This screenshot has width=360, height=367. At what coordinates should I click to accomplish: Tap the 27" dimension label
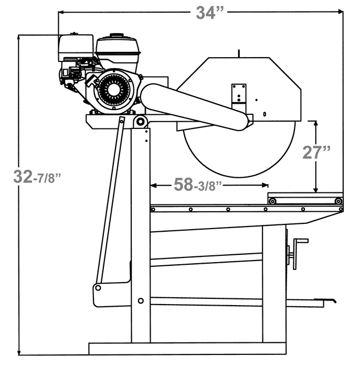[316, 152]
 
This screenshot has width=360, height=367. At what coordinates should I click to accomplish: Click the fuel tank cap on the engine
[117, 36]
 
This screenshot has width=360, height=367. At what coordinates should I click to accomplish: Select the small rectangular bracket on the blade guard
[239, 94]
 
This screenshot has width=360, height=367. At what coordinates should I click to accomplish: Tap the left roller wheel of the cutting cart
[272, 201]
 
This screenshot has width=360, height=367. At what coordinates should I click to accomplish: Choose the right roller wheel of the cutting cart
[338, 201]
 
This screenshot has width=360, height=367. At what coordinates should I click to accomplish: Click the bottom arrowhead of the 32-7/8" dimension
[19, 353]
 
